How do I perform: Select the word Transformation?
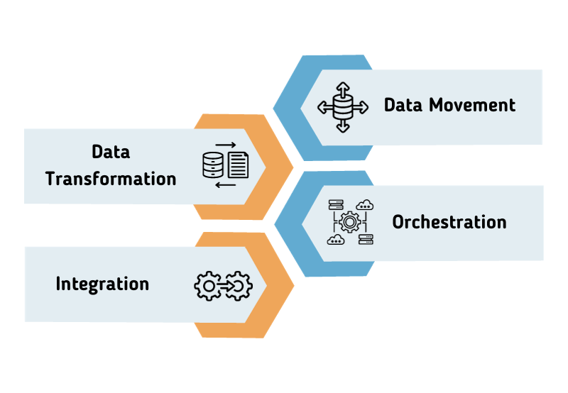tap(111, 178)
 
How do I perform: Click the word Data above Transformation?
tap(111, 152)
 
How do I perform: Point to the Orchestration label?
tap(449, 222)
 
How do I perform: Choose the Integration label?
tap(102, 284)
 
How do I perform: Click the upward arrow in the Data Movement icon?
tap(343, 88)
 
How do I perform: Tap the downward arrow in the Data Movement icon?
tap(343, 127)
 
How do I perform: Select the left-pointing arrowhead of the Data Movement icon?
tap(322, 108)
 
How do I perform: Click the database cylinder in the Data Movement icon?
tap(343, 108)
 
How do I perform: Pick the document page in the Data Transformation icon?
tap(238, 165)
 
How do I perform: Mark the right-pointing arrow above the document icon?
tap(226, 145)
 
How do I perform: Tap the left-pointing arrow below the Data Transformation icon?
tap(225, 185)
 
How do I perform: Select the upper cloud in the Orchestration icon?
tap(366, 205)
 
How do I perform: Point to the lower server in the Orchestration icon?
tap(366, 240)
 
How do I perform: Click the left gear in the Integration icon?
tap(207, 285)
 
